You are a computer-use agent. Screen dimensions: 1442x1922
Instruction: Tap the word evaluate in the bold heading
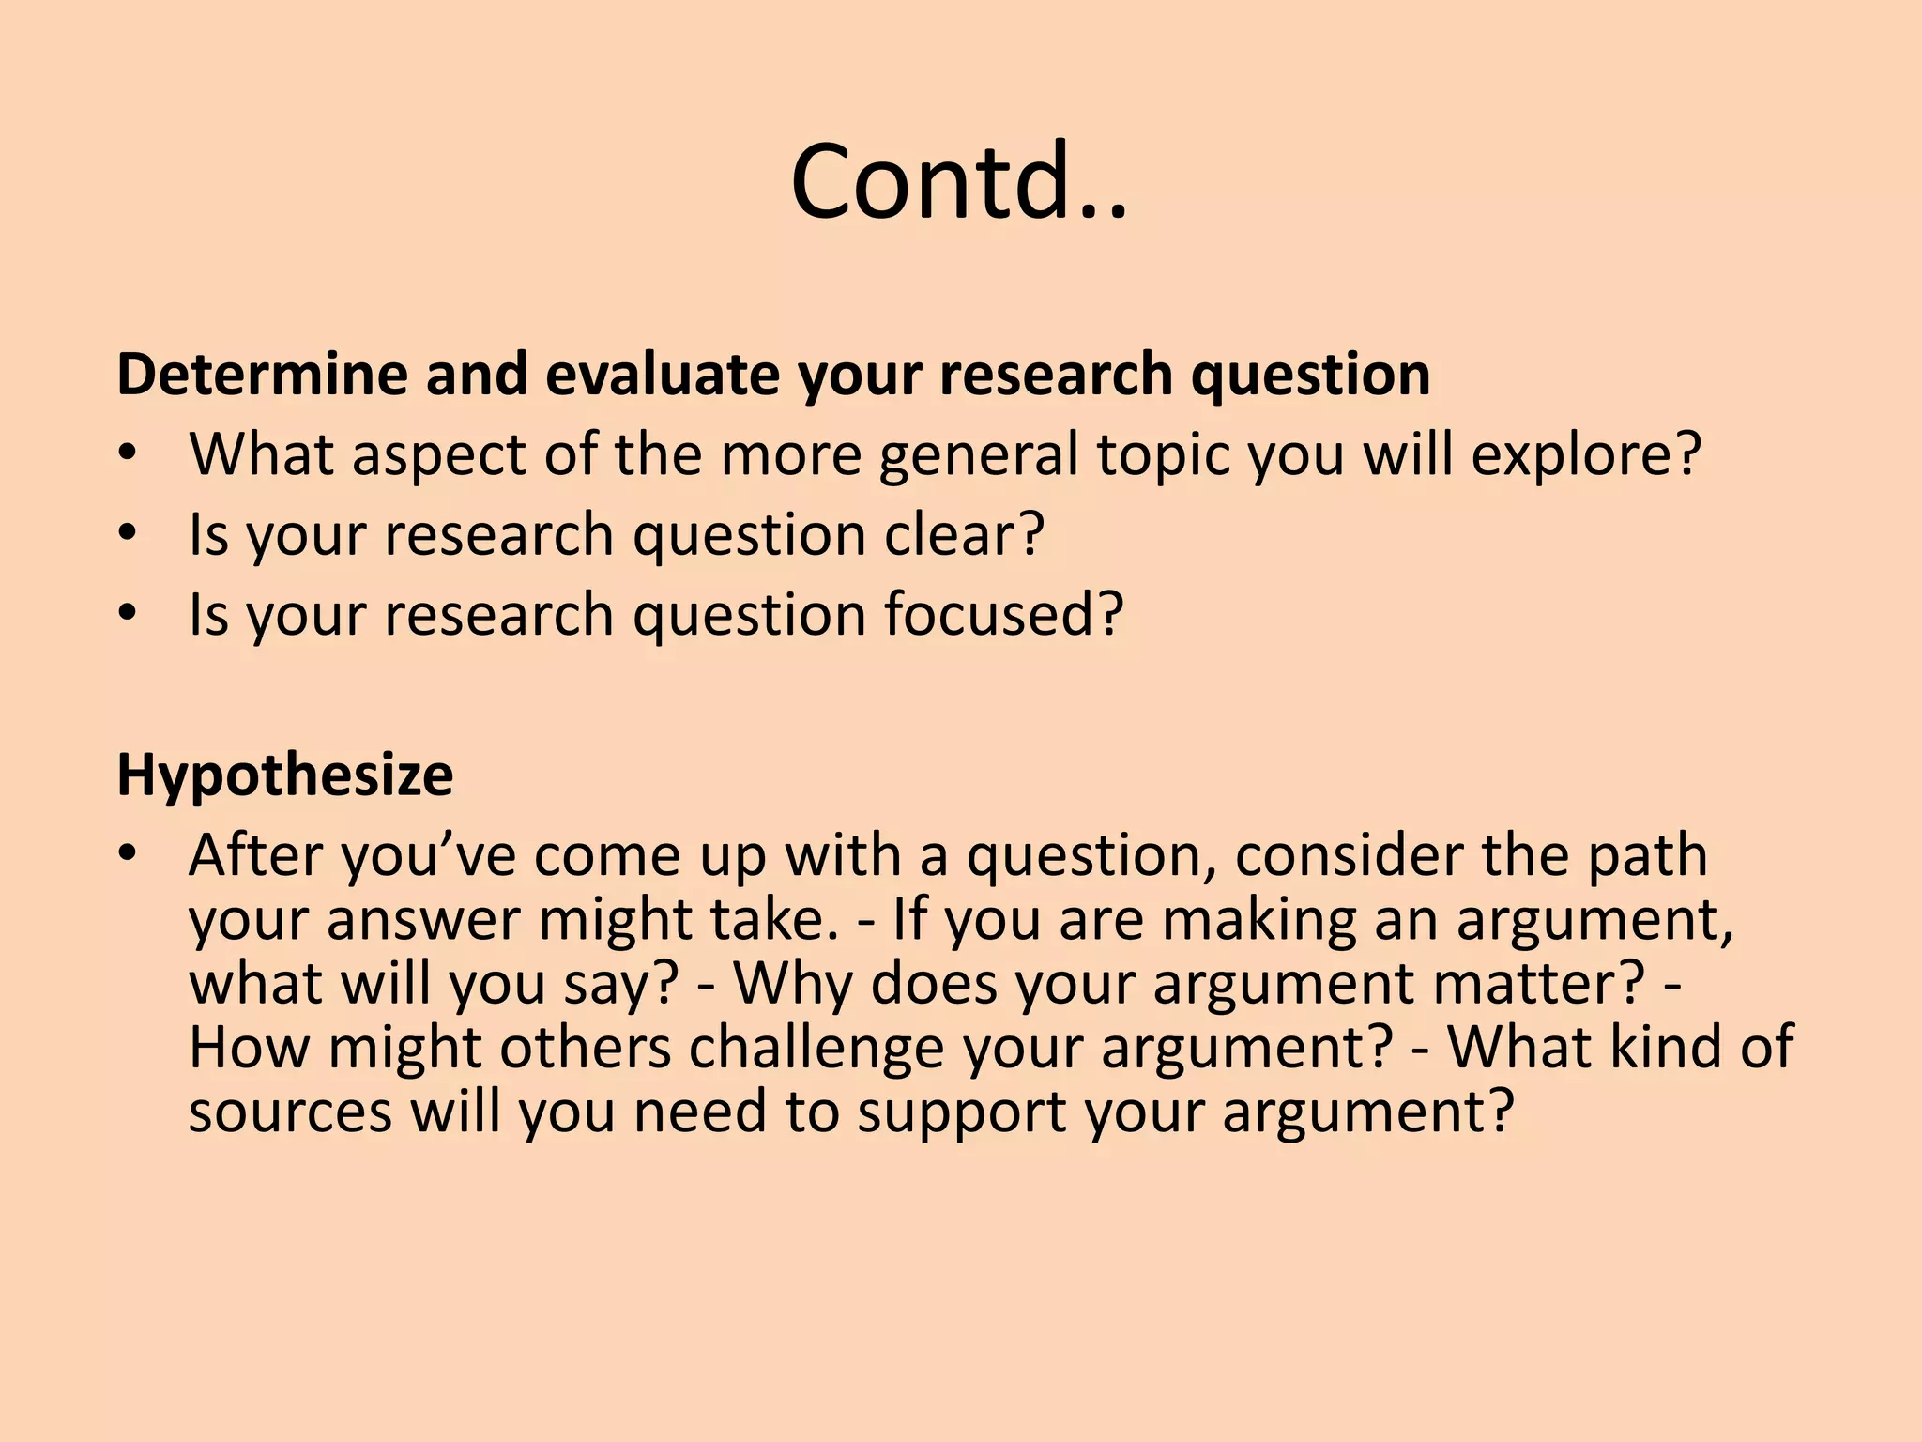click(663, 375)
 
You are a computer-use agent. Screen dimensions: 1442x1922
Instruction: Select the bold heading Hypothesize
click(284, 776)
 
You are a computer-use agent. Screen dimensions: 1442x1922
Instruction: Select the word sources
click(290, 1112)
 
